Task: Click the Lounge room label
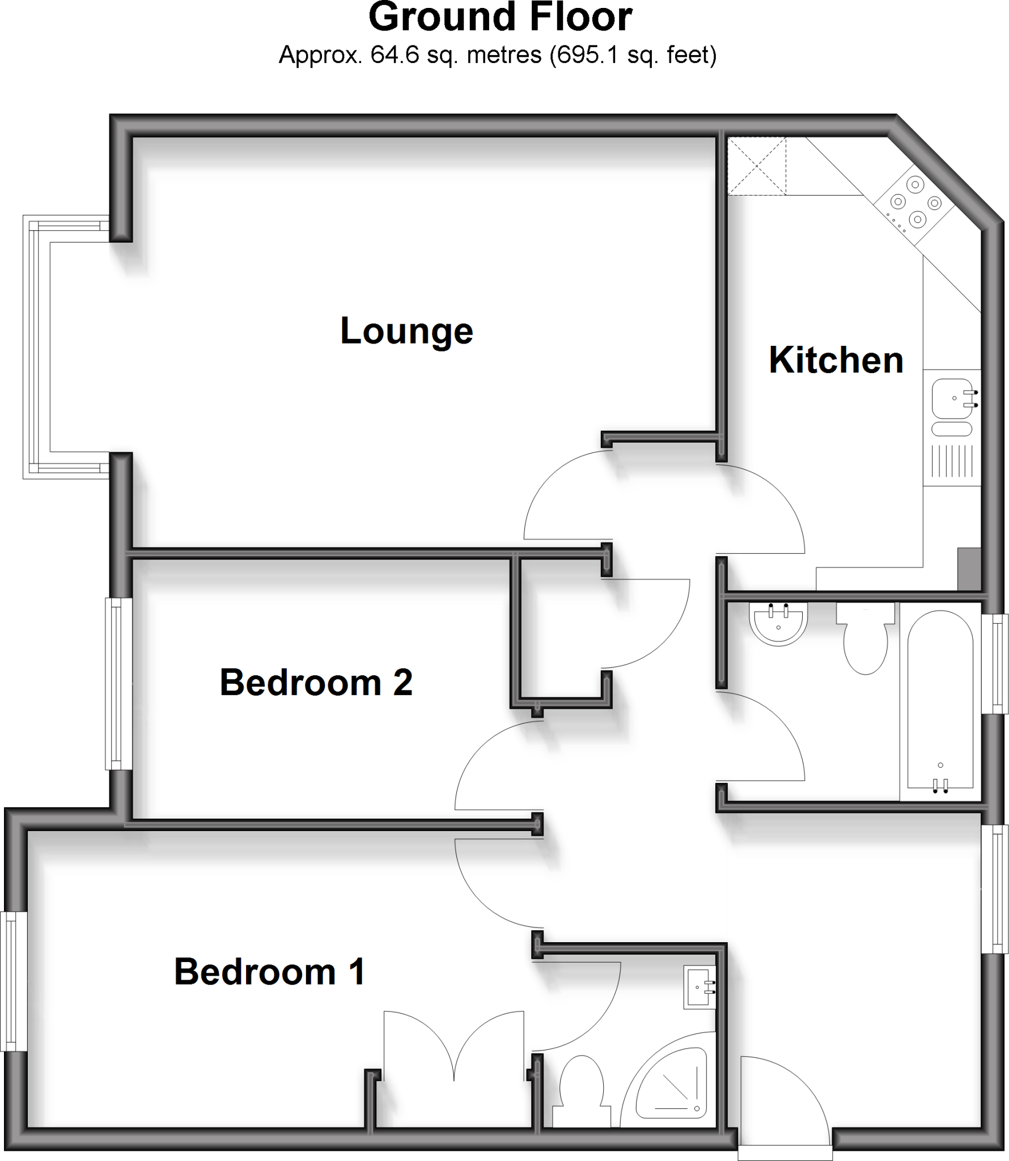[406, 331]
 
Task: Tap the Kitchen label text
[836, 360]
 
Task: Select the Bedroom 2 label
[316, 683]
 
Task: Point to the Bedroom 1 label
[269, 972]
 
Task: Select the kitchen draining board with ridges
[952, 460]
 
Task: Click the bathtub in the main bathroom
[940, 700]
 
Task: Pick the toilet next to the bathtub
[866, 641]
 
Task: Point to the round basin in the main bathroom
[778, 624]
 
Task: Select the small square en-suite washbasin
[699, 987]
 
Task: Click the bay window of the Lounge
[37, 346]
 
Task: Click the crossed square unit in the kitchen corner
[757, 166]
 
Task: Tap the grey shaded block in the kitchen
[969, 569]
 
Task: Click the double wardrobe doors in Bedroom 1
[453, 1049]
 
